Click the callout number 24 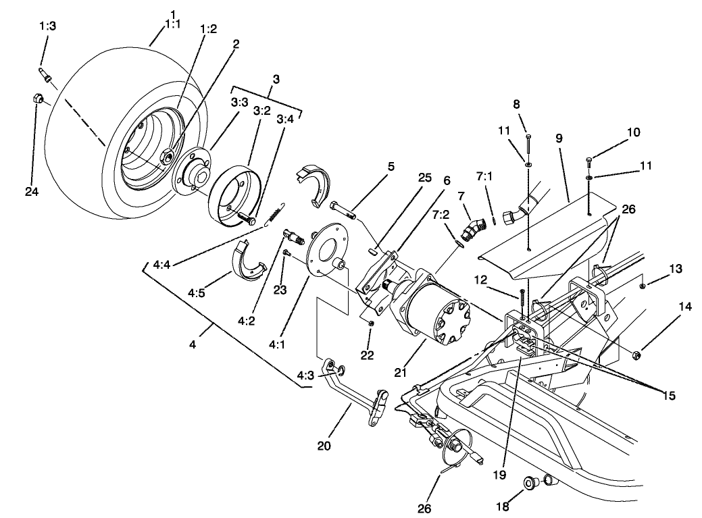click(x=32, y=192)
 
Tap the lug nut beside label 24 click(x=38, y=99)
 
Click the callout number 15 click(x=668, y=395)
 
